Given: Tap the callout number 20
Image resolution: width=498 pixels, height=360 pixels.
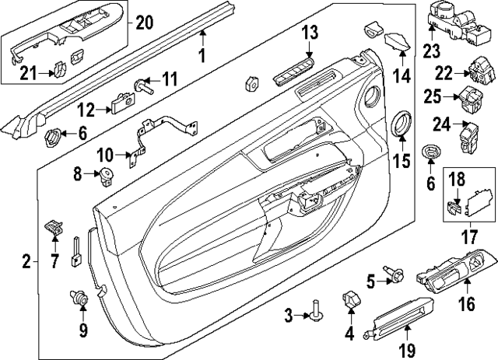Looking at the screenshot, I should [x=145, y=22].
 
